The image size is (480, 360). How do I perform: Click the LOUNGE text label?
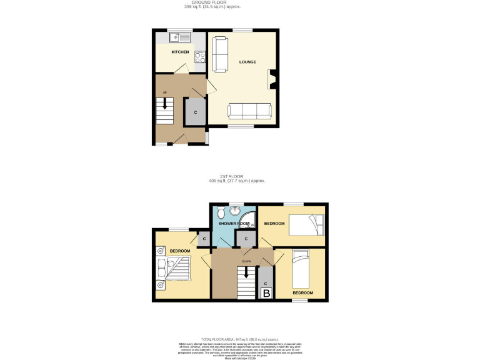click(248, 62)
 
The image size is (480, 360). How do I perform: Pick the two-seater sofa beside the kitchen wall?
click(219, 54)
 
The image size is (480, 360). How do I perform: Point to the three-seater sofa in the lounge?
click(249, 111)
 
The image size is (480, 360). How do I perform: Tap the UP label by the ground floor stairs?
click(165, 93)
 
